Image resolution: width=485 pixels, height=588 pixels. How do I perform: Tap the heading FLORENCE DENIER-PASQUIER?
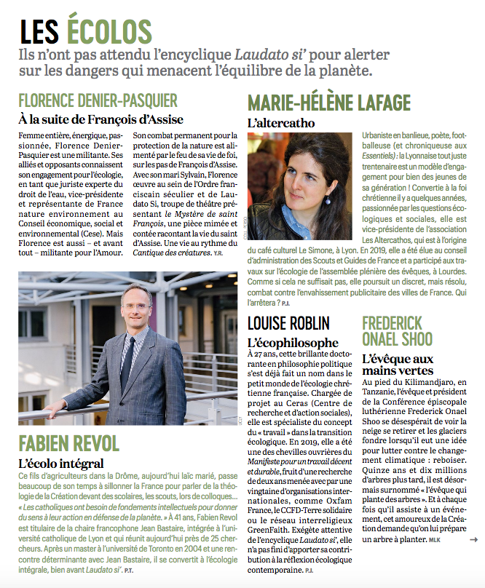tap(98, 100)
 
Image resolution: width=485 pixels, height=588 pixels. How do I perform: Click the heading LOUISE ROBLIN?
tap(289, 322)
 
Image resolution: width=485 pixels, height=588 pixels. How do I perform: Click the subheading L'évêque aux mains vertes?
tap(398, 365)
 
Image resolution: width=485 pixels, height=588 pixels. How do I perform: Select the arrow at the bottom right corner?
tap(474, 539)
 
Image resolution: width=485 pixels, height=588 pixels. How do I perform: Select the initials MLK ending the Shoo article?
tap(434, 540)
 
